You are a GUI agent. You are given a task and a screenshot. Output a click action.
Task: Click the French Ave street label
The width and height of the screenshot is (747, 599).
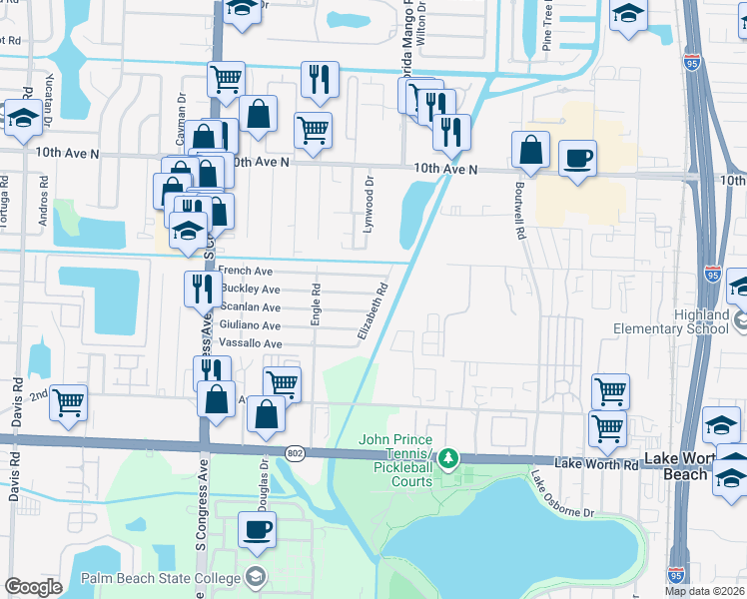click(x=245, y=271)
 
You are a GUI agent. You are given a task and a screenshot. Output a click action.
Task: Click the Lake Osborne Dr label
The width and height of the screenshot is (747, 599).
click(x=562, y=493)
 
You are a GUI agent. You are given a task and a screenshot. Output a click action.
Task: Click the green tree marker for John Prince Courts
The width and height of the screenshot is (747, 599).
click(x=449, y=458)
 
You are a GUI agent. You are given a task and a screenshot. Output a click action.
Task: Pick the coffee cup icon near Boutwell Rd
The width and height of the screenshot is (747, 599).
click(x=577, y=158)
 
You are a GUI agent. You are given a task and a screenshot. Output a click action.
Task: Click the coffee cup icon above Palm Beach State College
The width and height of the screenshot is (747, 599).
click(x=257, y=529)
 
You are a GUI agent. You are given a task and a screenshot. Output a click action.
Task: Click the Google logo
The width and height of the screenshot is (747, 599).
click(x=33, y=587)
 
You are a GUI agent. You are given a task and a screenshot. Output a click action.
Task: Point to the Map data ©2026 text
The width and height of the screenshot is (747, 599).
click(x=704, y=591)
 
